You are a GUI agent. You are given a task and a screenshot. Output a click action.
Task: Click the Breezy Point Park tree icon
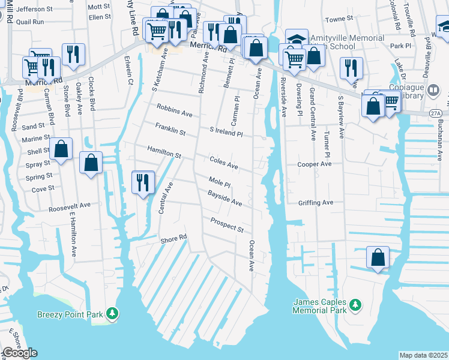(x=112, y=313)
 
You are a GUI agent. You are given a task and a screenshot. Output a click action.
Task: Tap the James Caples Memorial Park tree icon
(x=355, y=305)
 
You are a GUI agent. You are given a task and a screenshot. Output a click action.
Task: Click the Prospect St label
(x=227, y=225)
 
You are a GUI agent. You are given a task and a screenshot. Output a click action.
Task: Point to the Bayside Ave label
(x=225, y=199)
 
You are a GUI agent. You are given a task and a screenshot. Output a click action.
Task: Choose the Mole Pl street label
(x=220, y=181)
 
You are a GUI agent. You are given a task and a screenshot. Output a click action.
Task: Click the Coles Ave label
(x=224, y=162)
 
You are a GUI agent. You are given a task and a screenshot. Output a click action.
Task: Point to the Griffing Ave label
(x=315, y=203)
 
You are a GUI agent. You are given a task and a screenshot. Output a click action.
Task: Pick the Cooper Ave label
(x=315, y=164)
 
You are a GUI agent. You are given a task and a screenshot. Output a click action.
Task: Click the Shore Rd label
(x=174, y=239)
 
